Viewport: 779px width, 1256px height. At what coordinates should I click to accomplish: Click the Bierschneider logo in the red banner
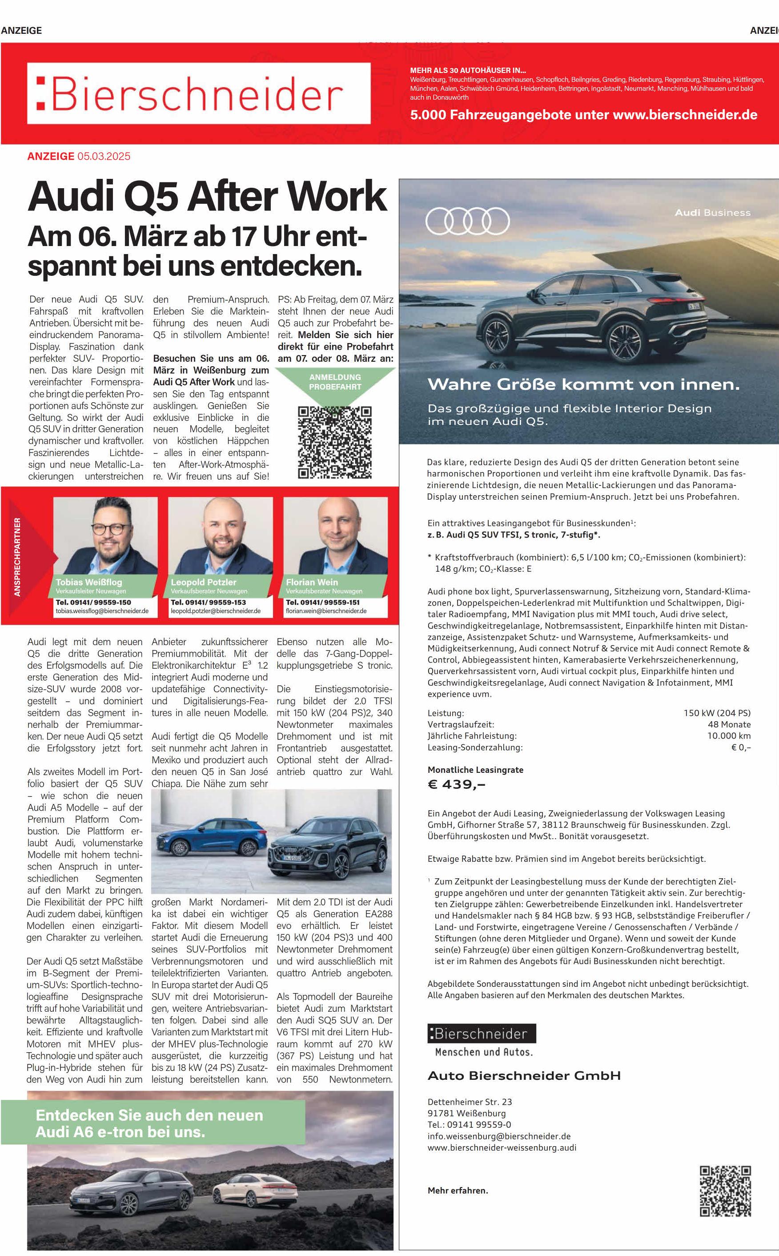[x=198, y=93]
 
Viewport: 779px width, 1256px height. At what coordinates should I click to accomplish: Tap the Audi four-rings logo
[x=467, y=222]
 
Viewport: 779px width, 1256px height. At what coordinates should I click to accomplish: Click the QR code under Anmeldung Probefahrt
[x=335, y=442]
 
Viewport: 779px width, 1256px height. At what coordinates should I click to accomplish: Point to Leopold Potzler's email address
[x=216, y=611]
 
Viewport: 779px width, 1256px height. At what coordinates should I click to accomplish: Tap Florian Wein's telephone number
[x=323, y=602]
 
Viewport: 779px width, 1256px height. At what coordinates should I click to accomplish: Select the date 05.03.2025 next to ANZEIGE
[x=104, y=156]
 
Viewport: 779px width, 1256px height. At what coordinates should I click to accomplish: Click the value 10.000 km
[x=728, y=735]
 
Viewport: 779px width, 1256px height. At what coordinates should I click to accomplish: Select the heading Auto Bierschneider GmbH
[x=524, y=1076]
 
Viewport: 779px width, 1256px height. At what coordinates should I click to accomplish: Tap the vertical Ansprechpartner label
[x=17, y=557]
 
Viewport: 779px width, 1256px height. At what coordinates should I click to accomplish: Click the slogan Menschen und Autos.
[x=484, y=1052]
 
